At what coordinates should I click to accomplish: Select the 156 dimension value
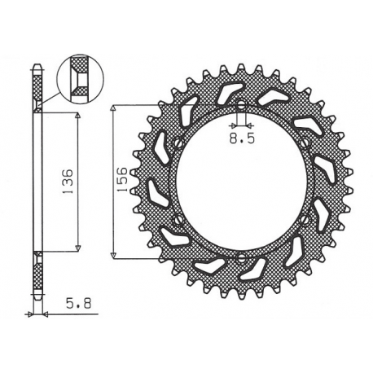tap(120, 180)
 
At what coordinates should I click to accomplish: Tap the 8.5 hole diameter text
tap(241, 139)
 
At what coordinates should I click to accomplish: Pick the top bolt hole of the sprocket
tap(242, 105)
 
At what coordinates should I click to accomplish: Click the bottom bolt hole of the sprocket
tap(242, 258)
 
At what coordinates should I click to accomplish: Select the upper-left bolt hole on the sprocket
tap(176, 143)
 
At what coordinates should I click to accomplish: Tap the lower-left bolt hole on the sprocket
tap(176, 220)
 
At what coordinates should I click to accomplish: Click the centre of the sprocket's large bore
tap(242, 182)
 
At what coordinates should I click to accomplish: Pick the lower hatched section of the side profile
tap(37, 277)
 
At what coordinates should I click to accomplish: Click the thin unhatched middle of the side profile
tap(37, 182)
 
